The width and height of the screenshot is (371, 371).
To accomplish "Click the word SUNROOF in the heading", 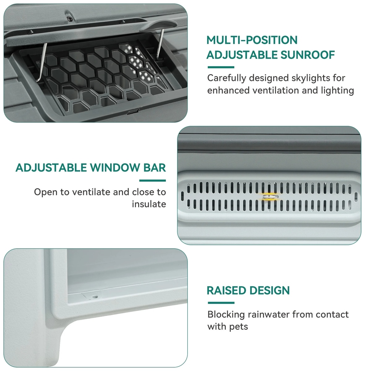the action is pyautogui.click(x=307, y=55).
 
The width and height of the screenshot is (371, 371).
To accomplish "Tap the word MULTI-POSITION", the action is pyautogui.click(x=252, y=40).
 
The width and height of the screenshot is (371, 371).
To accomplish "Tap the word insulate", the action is pyautogui.click(x=149, y=204).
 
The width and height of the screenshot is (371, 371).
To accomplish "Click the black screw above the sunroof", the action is pyautogui.click(x=70, y=19).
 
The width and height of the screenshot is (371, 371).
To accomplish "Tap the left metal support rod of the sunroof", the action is pyautogui.click(x=42, y=62).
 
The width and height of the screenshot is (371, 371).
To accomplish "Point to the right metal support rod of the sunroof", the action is pyautogui.click(x=160, y=44).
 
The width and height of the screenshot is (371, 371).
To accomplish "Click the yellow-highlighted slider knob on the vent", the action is pyautogui.click(x=271, y=197).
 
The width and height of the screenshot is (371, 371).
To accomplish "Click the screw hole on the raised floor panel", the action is pyautogui.click(x=95, y=297).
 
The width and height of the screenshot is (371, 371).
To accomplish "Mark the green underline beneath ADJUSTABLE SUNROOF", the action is pyautogui.click(x=221, y=67).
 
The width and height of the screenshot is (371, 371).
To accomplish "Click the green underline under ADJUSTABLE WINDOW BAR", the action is pyautogui.click(x=152, y=181).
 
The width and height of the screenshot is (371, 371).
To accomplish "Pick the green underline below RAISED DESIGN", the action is pyautogui.click(x=221, y=303).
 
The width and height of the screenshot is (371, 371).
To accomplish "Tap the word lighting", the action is pyautogui.click(x=337, y=91).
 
